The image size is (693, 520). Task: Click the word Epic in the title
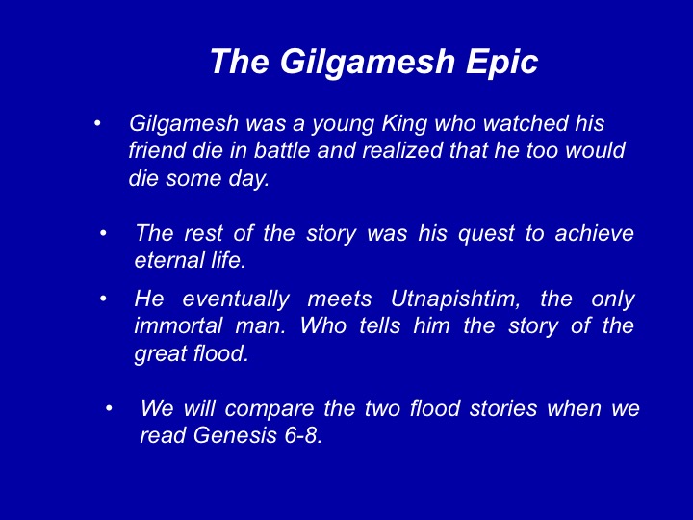click(x=502, y=62)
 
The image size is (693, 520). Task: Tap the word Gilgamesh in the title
click(x=368, y=62)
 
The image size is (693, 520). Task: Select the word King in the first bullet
click(x=404, y=124)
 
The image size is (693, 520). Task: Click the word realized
click(x=401, y=150)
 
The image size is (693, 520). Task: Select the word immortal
click(x=178, y=326)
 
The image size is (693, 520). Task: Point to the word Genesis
click(x=235, y=435)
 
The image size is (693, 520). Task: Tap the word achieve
click(x=595, y=233)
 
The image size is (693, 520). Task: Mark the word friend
click(x=156, y=150)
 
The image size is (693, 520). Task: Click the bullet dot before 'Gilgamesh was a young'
click(x=97, y=123)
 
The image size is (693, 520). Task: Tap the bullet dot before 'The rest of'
click(x=103, y=233)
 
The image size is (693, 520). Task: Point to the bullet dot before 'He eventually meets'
click(x=103, y=299)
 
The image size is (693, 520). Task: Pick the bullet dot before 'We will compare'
click(x=109, y=408)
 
